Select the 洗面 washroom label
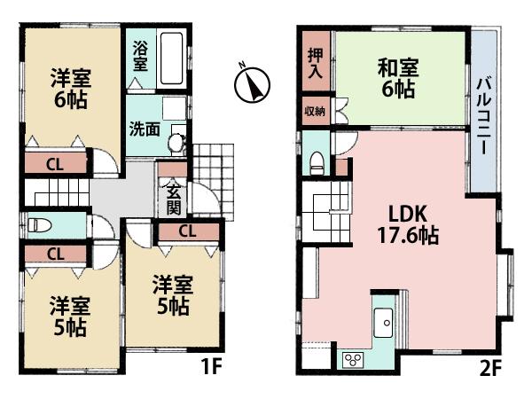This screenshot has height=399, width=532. click(x=145, y=129)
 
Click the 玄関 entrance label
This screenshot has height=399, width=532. click(x=172, y=195)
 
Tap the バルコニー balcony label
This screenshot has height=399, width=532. click(x=484, y=113)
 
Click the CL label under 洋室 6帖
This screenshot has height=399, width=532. click(x=55, y=163)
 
